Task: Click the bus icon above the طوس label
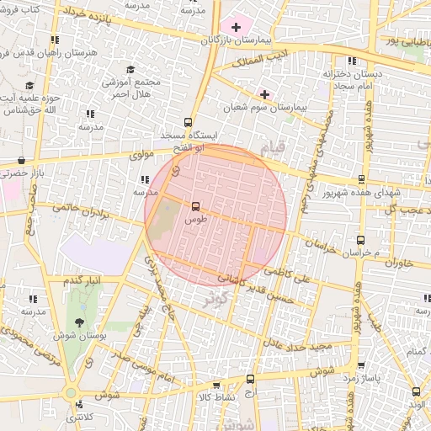[x=195, y=205]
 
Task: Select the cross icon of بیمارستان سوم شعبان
[x=265, y=93]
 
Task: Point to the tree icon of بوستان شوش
[x=79, y=322]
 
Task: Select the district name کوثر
[x=215, y=297]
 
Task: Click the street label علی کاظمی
[x=289, y=271]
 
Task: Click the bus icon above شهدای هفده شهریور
[x=361, y=178]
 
